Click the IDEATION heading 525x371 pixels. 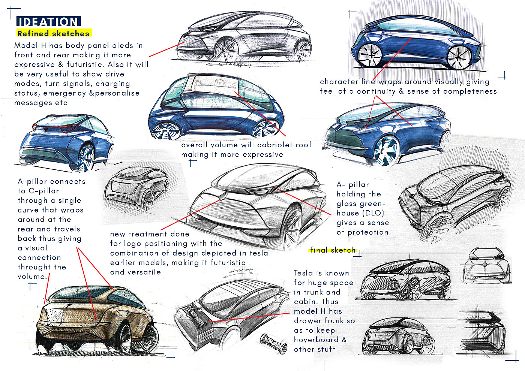click(48, 22)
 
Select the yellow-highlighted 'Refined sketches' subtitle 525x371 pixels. click(54, 33)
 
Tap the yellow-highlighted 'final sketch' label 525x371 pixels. click(333, 250)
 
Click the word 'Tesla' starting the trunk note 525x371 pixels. click(304, 273)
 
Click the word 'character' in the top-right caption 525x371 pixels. click(339, 82)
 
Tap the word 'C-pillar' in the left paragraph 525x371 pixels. click(44, 191)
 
